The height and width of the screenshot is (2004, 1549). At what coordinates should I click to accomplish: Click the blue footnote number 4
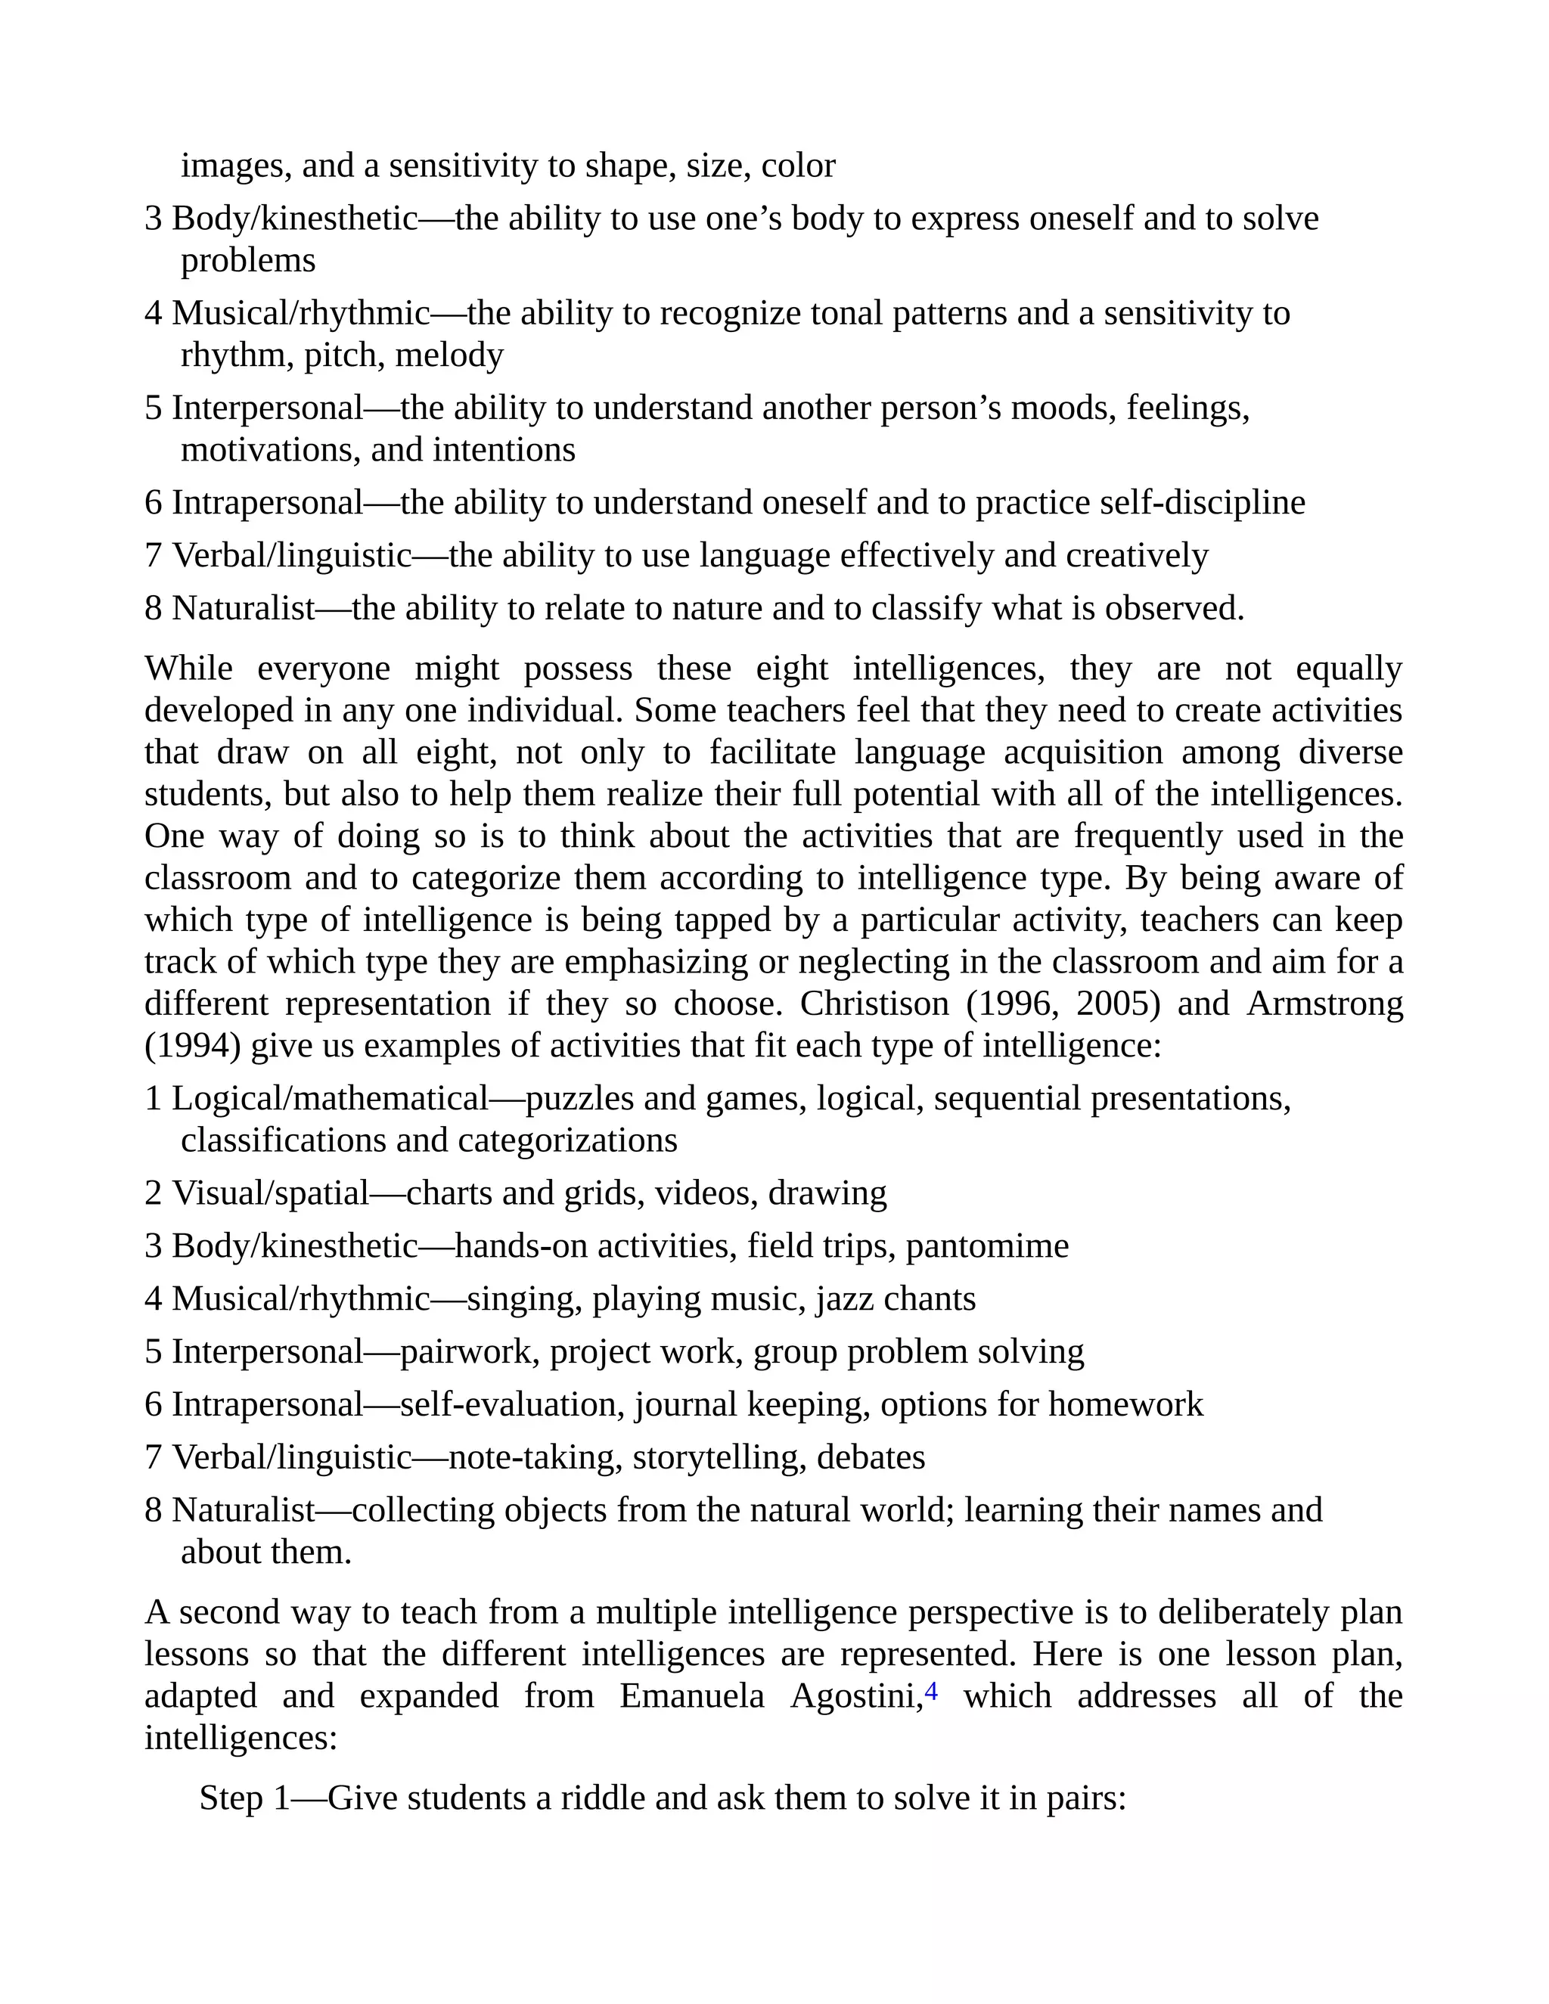click(x=930, y=1691)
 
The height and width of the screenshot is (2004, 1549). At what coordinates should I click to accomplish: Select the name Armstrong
click(x=1324, y=1004)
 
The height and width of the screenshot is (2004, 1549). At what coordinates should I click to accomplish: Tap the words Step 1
click(x=244, y=1798)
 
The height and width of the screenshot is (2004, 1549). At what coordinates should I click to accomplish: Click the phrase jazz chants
click(x=895, y=1299)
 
